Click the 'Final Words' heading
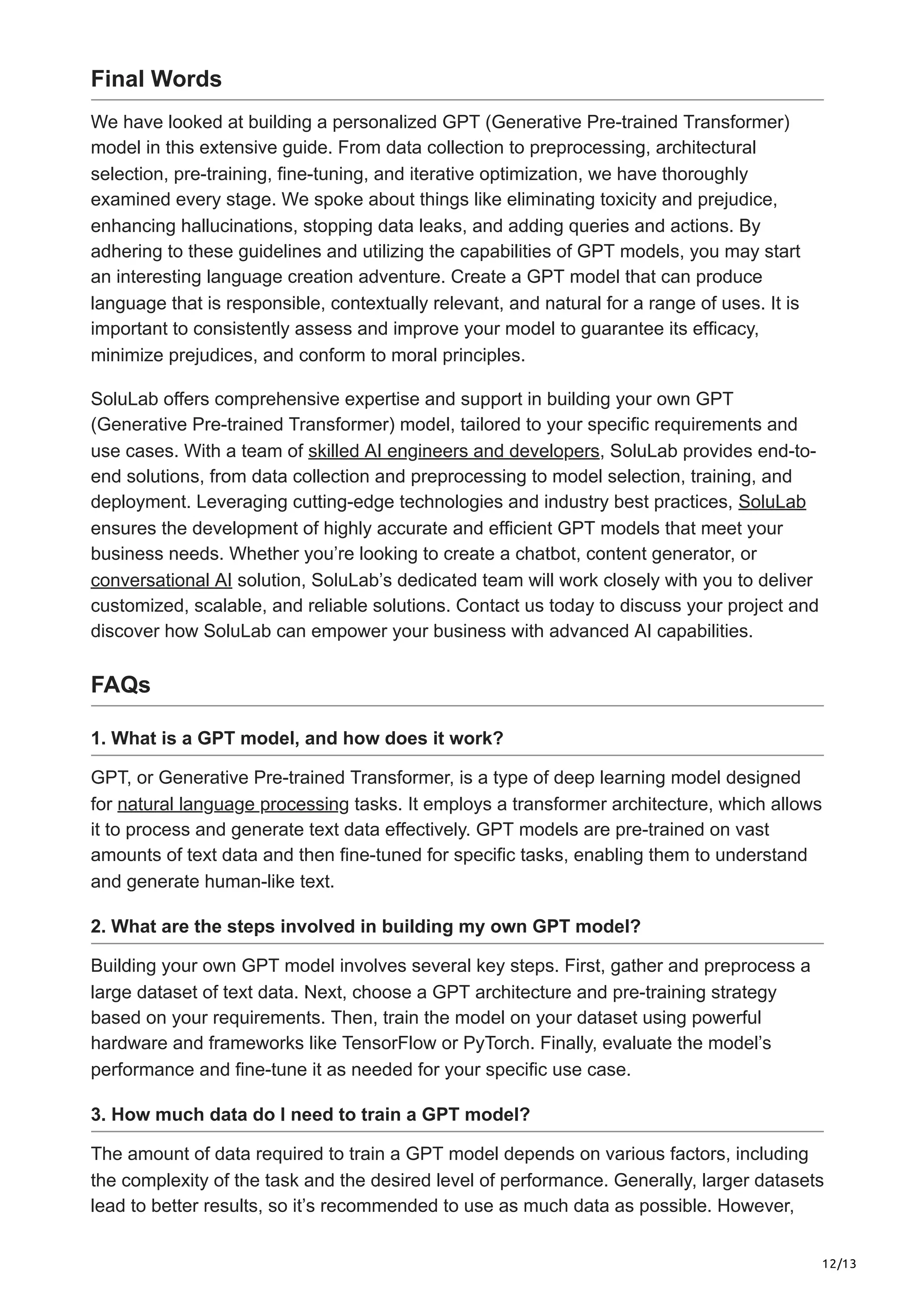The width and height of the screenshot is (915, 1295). pyautogui.click(x=156, y=79)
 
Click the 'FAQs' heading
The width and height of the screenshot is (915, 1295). pyautogui.click(x=121, y=685)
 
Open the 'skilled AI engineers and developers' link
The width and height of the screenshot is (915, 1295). pyautogui.click(x=453, y=451)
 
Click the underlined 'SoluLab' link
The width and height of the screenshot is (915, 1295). pyautogui.click(x=772, y=502)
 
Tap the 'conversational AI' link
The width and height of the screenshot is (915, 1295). pyautogui.click(x=161, y=580)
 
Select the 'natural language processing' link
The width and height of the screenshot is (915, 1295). pyautogui.click(x=233, y=804)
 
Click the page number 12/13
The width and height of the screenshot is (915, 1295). pyautogui.click(x=839, y=1263)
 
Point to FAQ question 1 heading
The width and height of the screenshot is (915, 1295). pyautogui.click(x=297, y=738)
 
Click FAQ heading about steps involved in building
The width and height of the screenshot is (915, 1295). pyautogui.click(x=365, y=927)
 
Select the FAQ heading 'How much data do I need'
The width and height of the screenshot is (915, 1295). pyautogui.click(x=310, y=1115)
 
